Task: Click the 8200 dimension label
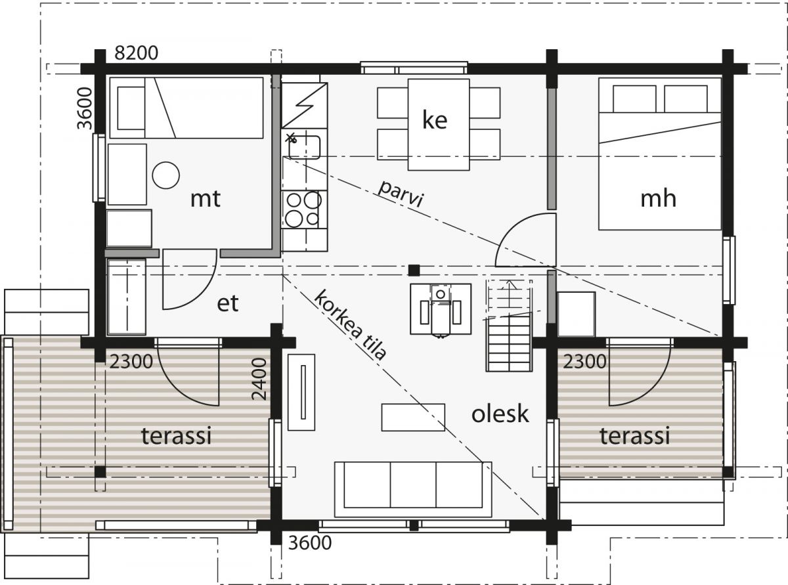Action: coord(137,53)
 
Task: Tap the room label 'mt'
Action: coord(206,198)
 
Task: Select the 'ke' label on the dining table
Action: coord(435,119)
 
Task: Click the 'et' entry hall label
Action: coord(227,304)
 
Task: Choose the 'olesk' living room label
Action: coord(500,414)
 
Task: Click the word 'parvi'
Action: coord(401,194)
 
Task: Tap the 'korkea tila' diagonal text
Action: coord(350,325)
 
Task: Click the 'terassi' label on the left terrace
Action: coord(177,435)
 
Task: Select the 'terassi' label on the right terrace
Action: coord(635,435)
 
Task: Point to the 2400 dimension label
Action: coord(259,379)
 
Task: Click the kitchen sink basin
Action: coord(304,147)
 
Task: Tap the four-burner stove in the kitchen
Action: coord(304,209)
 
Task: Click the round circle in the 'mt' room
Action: coord(166,175)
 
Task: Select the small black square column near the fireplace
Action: coord(414,271)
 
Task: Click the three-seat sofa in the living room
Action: coord(413,489)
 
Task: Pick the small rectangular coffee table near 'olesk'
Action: coord(413,417)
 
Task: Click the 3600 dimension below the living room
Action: coord(310,543)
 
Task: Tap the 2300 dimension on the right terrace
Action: coord(584,362)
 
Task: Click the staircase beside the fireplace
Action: coord(510,326)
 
